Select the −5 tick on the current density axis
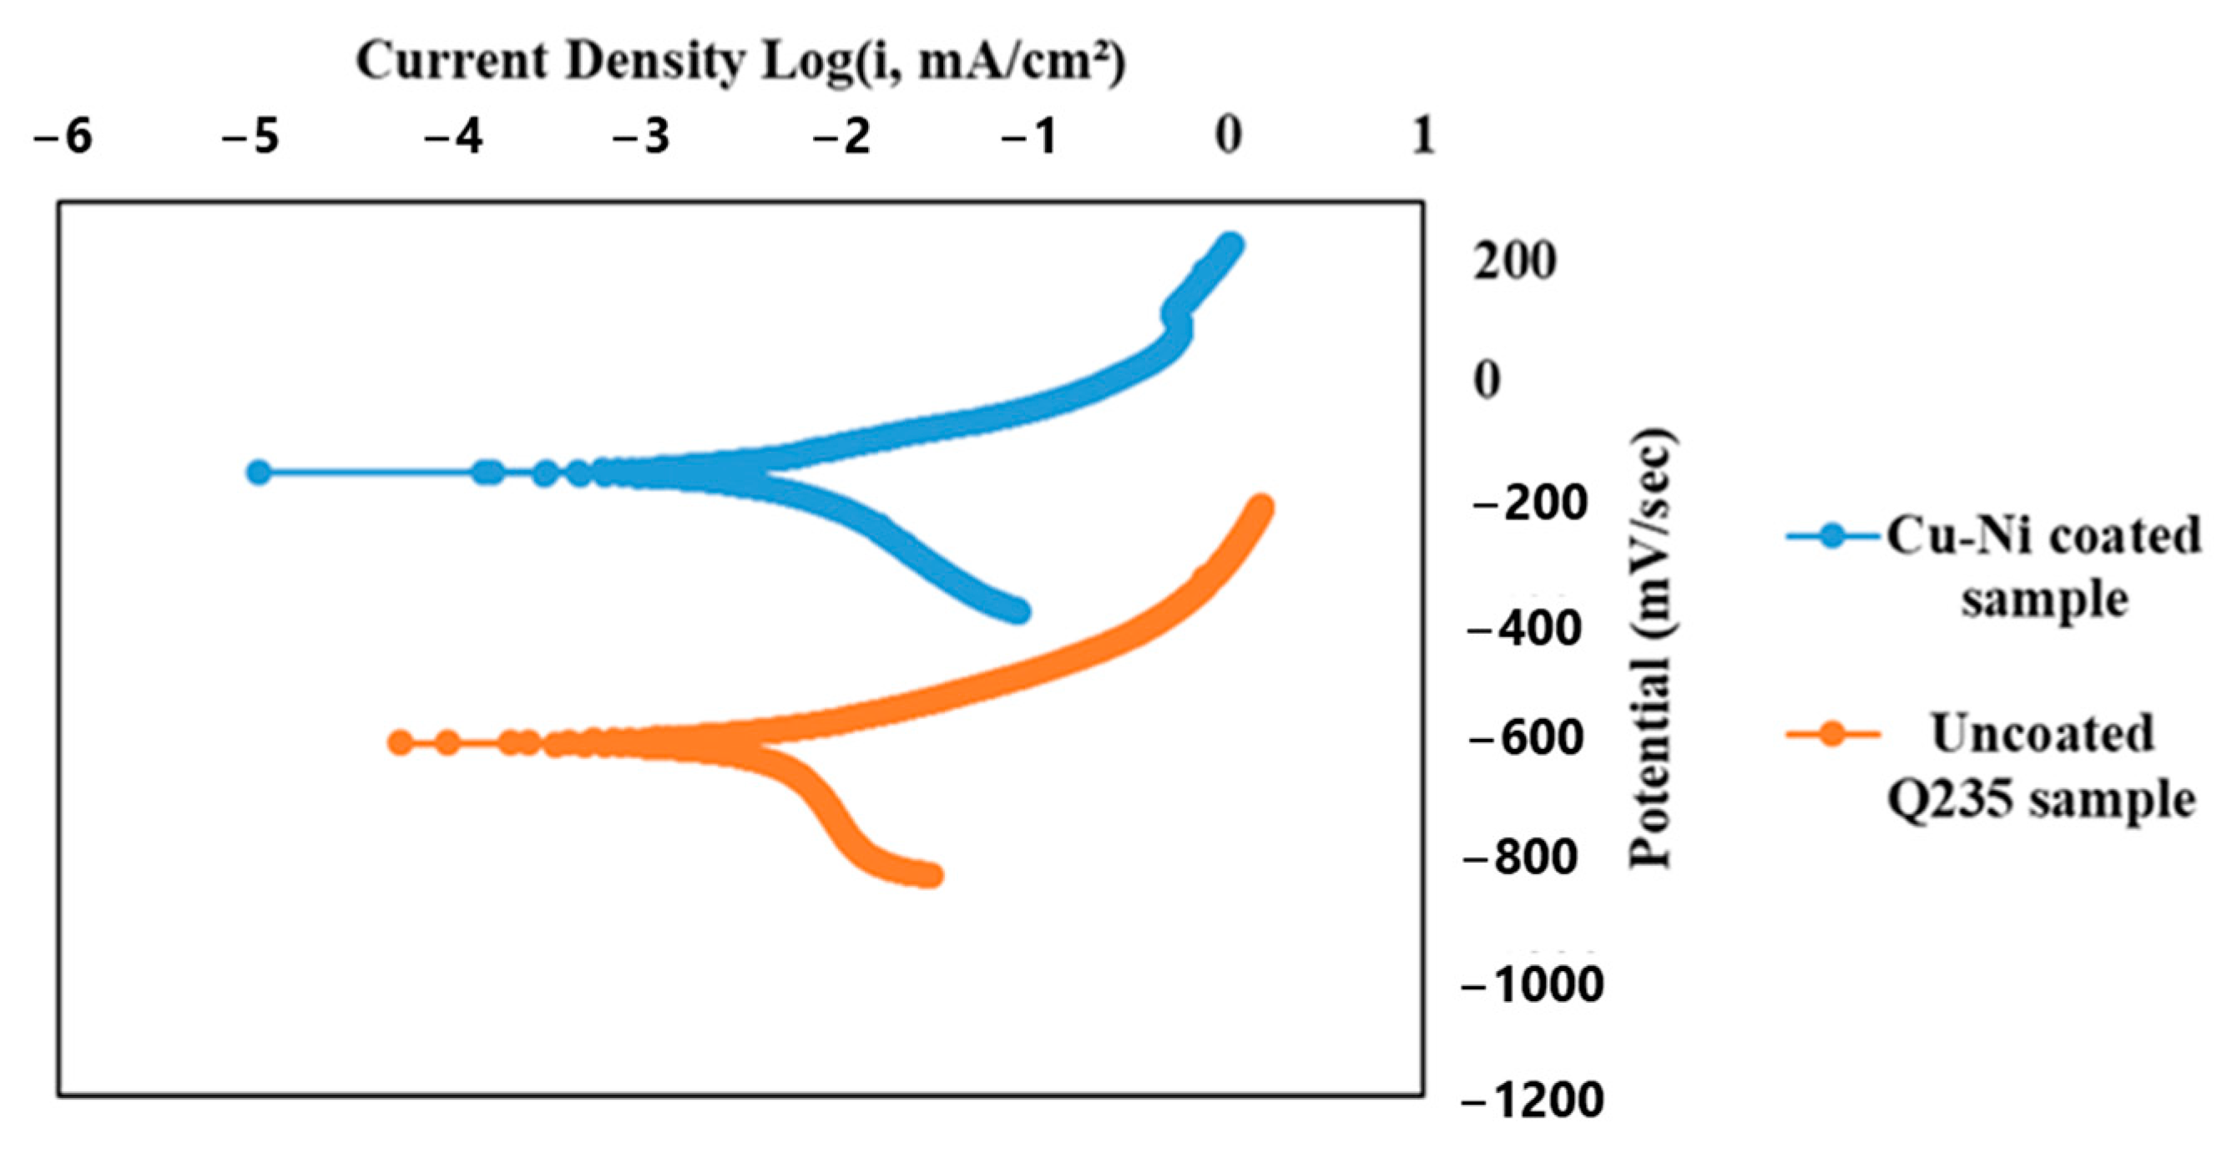tap(250, 137)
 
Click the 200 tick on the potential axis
tap(1515, 261)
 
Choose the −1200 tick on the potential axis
tap(1532, 1101)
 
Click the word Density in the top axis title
tap(656, 63)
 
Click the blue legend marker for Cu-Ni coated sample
tap(1832, 536)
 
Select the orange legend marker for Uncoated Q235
tap(1832, 735)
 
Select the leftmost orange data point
tap(399, 742)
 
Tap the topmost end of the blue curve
tap(1231, 245)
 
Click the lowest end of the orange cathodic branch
tap(932, 876)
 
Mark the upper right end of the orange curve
tap(1262, 508)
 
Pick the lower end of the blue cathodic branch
tap(1019, 611)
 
